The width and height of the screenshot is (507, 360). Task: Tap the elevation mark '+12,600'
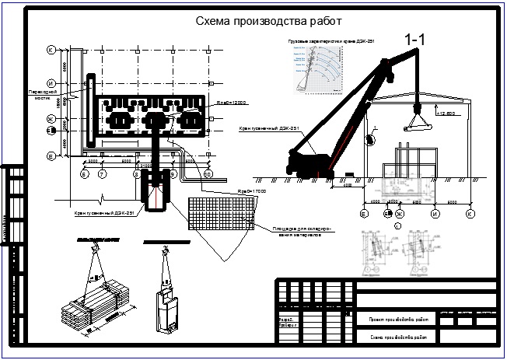pos(445,114)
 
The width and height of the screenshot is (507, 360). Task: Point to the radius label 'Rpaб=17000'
pos(252,190)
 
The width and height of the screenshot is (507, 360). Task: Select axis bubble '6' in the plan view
pos(83,176)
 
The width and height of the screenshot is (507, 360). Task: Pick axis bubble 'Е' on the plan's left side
pos(50,156)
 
